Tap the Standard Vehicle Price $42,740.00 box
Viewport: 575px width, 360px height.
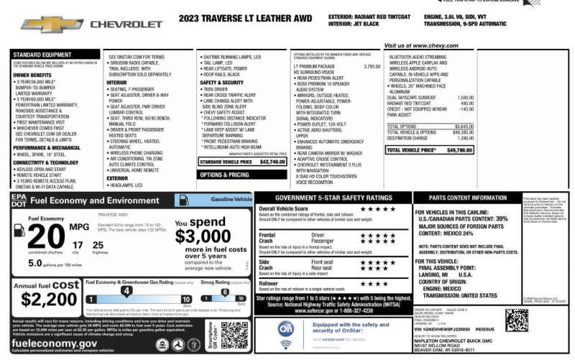tap(242, 162)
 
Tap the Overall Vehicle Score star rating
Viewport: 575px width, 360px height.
tap(377, 209)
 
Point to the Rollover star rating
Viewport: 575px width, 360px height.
tap(377, 284)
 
